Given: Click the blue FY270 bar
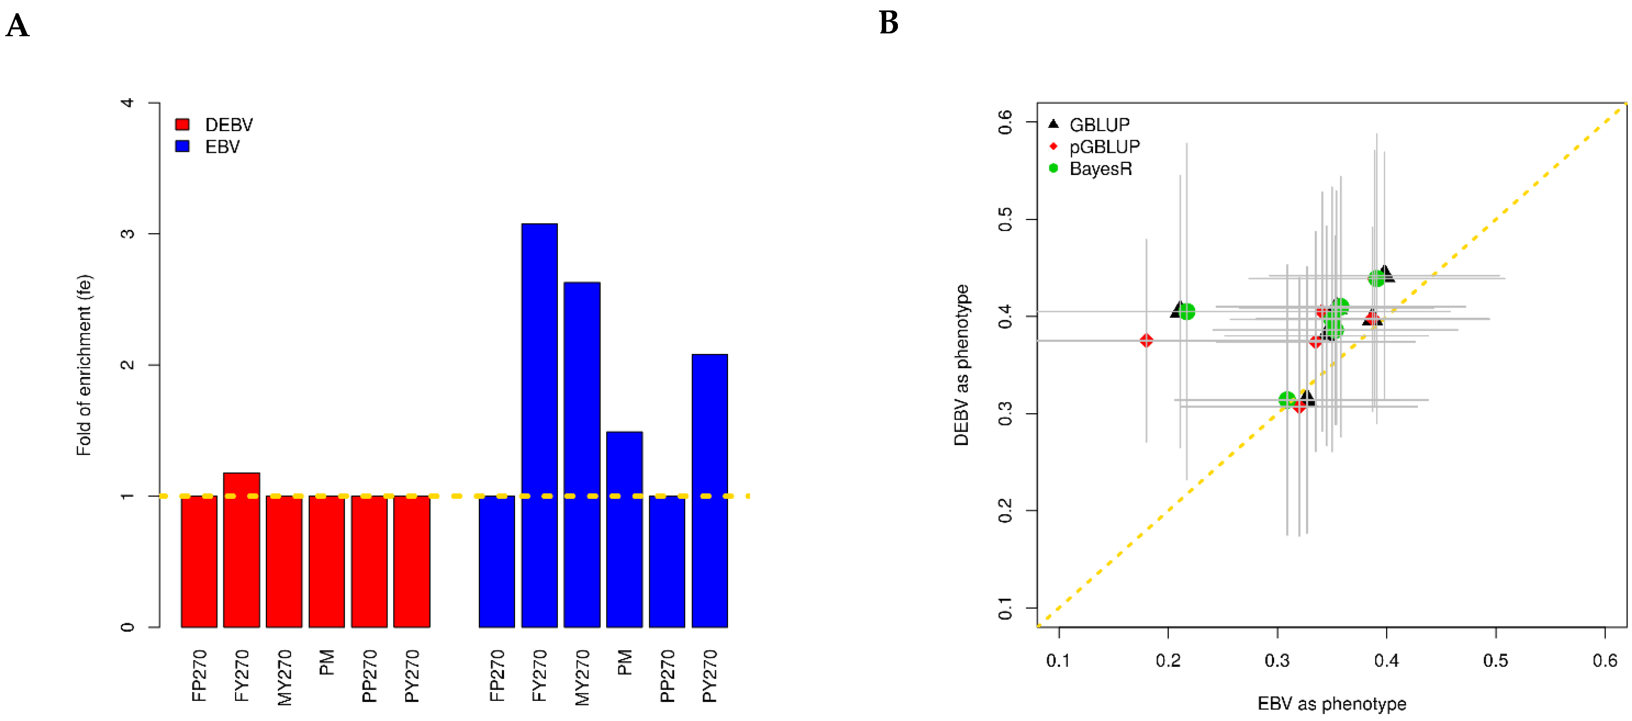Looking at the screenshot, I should tap(539, 424).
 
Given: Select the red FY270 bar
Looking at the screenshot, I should tap(241, 550).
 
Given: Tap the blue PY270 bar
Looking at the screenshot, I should tap(710, 490).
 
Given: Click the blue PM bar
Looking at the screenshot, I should tap(624, 529).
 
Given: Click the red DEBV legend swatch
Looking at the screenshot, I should tap(182, 124).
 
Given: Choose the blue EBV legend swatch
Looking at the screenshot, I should tap(182, 146).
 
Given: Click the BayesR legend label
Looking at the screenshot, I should tap(1100, 169).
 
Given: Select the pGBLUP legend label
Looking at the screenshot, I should tap(1104, 147).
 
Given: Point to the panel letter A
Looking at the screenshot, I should tap(17, 26).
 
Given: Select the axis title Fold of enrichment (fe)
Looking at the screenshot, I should tap(84, 365).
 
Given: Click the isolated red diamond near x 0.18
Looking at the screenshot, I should tap(1146, 340).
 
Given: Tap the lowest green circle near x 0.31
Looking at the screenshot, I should tap(1287, 400).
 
